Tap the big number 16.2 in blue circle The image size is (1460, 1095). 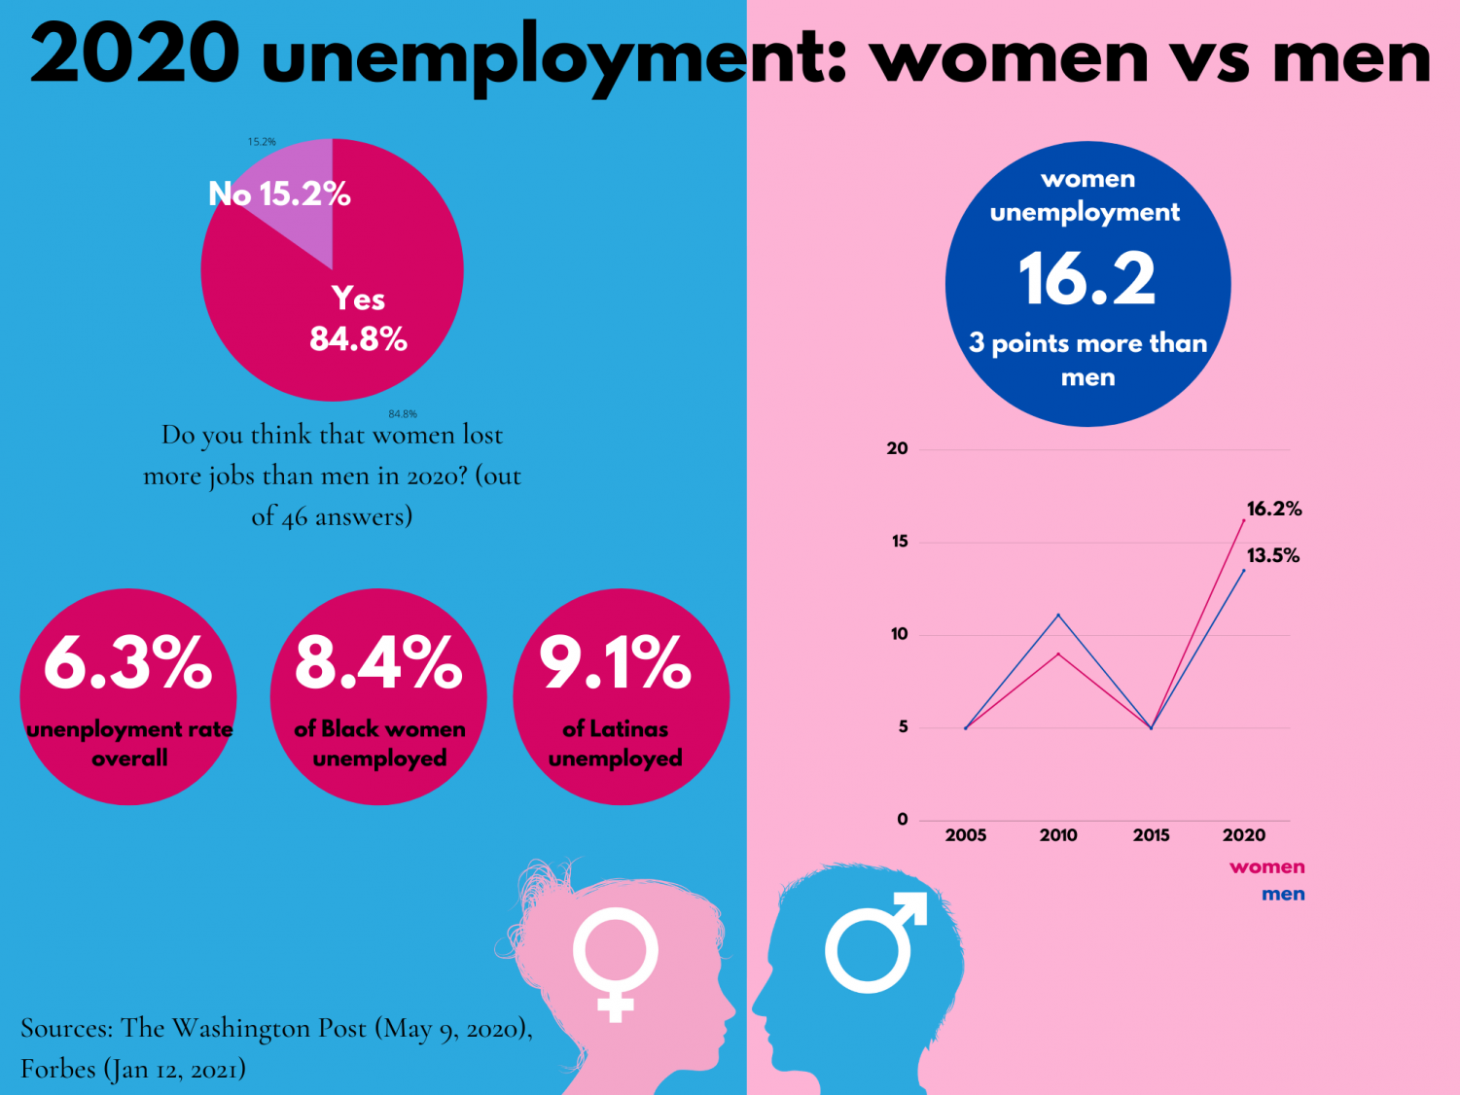1086,279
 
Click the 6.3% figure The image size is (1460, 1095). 127,662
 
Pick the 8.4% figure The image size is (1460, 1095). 378,662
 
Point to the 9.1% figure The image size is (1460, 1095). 616,662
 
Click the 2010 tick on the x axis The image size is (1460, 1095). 1058,834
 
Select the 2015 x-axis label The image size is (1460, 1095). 1151,834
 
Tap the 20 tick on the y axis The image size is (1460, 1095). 897,448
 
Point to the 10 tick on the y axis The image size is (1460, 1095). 899,634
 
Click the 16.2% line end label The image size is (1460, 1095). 1274,509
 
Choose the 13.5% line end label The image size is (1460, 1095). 1273,555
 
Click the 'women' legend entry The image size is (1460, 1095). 1266,866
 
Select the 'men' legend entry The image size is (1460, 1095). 1283,894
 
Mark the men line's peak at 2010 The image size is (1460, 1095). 1058,615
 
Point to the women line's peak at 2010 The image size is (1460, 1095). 1058,653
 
